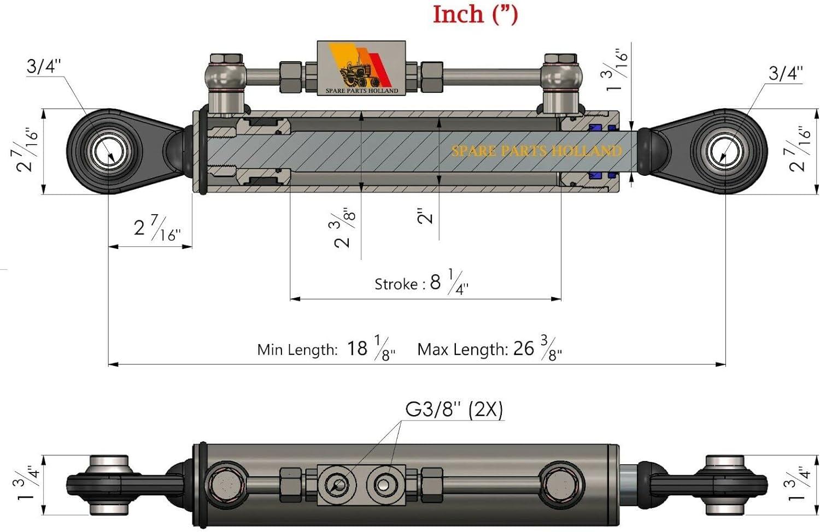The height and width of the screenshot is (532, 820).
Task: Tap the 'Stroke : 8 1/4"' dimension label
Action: (421, 282)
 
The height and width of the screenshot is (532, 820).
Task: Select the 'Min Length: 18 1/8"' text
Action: (326, 348)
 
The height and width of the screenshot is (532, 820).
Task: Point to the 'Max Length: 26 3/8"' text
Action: (489, 348)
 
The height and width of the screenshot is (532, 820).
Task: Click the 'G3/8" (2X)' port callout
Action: (454, 410)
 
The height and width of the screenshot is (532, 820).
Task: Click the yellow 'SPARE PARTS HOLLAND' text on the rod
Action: (536, 151)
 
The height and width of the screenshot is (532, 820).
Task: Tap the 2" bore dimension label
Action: (425, 216)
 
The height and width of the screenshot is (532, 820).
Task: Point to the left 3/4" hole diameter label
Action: (44, 66)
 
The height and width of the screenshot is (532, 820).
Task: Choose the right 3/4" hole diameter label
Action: (786, 73)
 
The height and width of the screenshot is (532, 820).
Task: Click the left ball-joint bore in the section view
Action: (110, 151)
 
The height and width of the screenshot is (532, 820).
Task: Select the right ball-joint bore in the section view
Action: (725, 151)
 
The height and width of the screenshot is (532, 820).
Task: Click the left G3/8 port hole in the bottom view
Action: (337, 485)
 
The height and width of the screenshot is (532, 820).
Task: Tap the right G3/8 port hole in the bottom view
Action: (384, 485)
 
